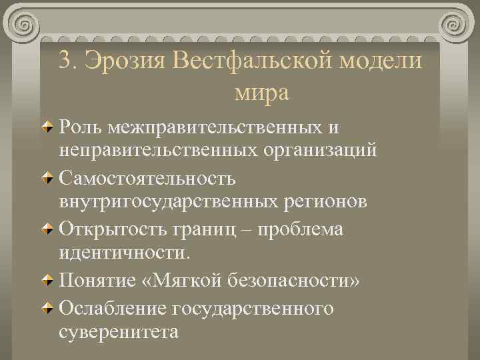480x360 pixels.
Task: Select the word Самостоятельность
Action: pyautogui.click(x=147, y=179)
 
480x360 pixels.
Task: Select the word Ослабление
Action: pyautogui.click(x=111, y=309)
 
